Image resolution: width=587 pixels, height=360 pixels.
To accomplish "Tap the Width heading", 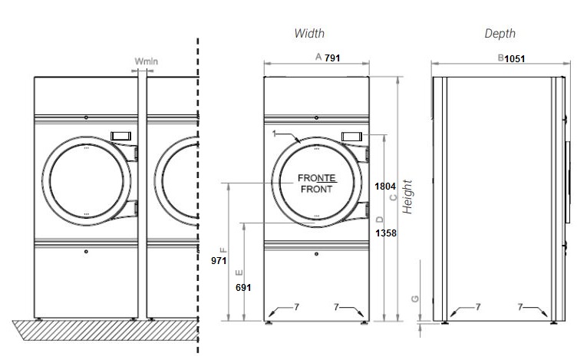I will pyautogui.click(x=309, y=34).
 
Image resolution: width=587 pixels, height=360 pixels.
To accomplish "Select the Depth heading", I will pyautogui.click(x=500, y=34).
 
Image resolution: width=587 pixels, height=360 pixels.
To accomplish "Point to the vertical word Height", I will pyautogui.click(x=408, y=197).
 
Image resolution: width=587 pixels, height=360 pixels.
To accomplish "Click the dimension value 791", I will pyautogui.click(x=332, y=58).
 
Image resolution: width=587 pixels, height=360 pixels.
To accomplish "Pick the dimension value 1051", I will pyautogui.click(x=515, y=58).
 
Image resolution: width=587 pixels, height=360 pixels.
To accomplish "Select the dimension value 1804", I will pyautogui.click(x=384, y=186).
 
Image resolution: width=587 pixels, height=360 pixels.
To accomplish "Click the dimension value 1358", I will pyautogui.click(x=385, y=233).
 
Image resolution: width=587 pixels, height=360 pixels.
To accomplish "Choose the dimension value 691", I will pyautogui.click(x=243, y=287).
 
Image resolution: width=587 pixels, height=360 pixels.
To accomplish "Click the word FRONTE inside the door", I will pyautogui.click(x=316, y=178).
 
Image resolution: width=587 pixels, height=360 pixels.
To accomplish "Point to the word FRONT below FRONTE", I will pyautogui.click(x=316, y=190).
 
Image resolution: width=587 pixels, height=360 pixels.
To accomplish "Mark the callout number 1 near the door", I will pyautogui.click(x=273, y=134).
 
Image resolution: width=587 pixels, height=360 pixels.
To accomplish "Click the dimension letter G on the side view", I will pyautogui.click(x=414, y=299).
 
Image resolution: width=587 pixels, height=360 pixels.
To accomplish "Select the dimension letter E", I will pyautogui.click(x=239, y=272).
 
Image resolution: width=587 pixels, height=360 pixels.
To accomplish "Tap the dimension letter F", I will pyautogui.click(x=223, y=250).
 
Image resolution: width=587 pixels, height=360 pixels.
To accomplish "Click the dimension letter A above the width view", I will pyautogui.click(x=318, y=58).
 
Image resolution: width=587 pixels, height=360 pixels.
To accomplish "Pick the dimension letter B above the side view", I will pyautogui.click(x=500, y=58).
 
